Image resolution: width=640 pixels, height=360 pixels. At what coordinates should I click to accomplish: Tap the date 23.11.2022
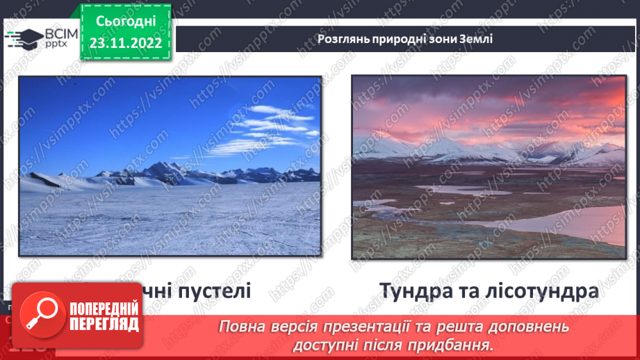point(125,43)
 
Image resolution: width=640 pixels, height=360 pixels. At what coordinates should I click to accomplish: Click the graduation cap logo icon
point(22,39)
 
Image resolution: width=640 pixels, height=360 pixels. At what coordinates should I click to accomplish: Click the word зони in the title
point(443,39)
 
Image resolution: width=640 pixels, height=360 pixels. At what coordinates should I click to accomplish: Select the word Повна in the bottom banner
point(245,326)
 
